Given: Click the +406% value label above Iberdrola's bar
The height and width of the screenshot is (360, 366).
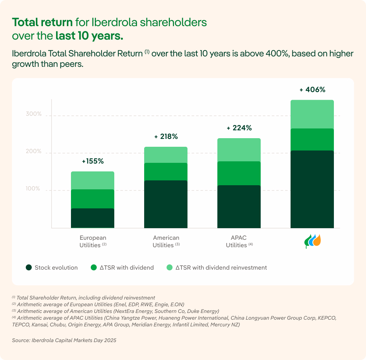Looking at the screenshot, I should click(x=312, y=90).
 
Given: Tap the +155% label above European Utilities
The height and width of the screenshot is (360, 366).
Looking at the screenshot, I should click(x=93, y=161).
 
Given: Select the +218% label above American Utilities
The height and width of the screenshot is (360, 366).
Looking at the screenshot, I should click(x=166, y=137).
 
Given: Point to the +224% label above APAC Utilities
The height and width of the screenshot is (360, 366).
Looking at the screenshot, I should click(x=239, y=128).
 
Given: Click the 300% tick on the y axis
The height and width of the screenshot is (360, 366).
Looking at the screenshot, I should click(x=33, y=114).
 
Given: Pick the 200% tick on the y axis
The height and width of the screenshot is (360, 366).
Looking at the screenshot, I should click(x=33, y=151).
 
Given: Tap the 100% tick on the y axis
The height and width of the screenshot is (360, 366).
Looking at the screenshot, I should click(x=33, y=189).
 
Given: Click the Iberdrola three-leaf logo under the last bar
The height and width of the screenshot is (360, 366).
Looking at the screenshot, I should click(x=312, y=241).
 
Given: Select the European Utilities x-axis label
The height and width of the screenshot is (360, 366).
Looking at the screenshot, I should click(x=93, y=241).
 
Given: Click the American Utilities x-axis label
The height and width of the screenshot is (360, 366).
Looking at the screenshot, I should click(x=166, y=241).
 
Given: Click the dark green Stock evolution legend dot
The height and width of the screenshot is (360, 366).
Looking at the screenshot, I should click(x=29, y=267).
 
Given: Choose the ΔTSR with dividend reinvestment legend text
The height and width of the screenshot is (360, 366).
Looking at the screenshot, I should click(x=221, y=267).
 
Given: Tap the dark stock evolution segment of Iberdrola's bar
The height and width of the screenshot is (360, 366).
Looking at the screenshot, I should click(x=312, y=189).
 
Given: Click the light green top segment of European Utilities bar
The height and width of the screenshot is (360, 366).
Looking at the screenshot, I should click(x=93, y=180).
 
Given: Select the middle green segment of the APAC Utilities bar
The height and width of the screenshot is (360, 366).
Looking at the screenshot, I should click(x=239, y=173).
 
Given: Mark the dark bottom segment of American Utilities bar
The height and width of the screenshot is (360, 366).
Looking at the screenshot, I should click(x=166, y=204).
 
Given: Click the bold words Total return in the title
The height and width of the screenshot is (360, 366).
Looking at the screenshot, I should click(x=43, y=22).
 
